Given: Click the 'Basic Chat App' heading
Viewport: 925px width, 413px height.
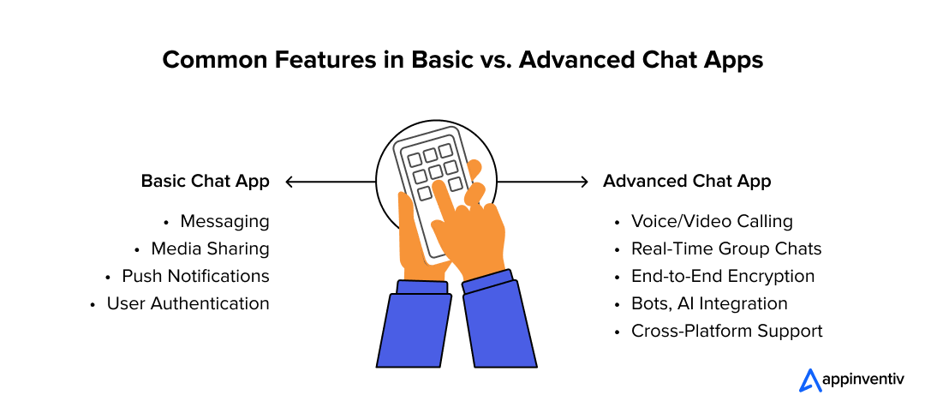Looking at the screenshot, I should pos(205,182).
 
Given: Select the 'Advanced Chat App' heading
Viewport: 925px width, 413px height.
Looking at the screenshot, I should pos(687,182).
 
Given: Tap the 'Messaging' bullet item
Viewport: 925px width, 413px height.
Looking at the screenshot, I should pos(224,222).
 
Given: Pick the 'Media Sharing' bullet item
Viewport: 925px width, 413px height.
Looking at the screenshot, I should pos(210,249).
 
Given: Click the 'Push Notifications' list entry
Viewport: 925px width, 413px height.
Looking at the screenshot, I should pos(195,277).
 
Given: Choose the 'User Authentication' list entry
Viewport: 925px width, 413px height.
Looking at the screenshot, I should pos(188,304).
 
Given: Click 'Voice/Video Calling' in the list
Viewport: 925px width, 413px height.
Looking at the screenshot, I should pos(712,222).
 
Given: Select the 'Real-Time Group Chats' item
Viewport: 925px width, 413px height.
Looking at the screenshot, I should pos(726,249).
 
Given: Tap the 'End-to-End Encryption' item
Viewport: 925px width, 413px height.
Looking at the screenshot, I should pos(723,277).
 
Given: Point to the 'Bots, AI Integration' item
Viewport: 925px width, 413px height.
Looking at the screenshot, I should pos(709,304).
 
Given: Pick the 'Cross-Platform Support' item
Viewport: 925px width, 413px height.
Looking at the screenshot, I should pos(726,332).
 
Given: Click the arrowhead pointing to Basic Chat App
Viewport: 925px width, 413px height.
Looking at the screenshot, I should pos(289,182).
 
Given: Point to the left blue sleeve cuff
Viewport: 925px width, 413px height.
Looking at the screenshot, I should pos(423,287).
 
